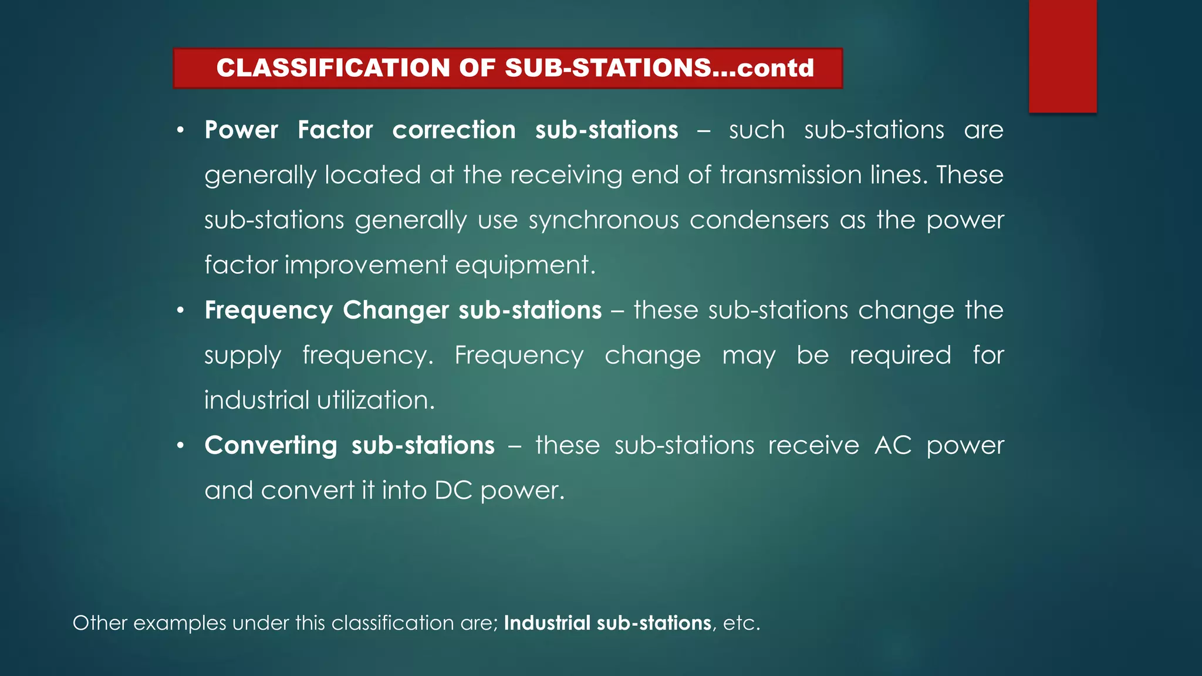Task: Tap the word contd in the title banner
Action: click(x=775, y=68)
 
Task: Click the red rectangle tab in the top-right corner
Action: click(x=1062, y=56)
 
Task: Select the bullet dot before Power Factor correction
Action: click(x=181, y=130)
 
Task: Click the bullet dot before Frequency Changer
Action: click(x=181, y=310)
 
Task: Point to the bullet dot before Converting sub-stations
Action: click(x=181, y=445)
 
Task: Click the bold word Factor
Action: click(x=335, y=130)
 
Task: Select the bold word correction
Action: click(x=454, y=130)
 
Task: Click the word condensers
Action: click(x=759, y=220)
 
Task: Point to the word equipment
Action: click(x=525, y=265)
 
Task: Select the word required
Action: click(x=900, y=356)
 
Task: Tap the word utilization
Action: click(x=376, y=400)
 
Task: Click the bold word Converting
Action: click(x=271, y=445)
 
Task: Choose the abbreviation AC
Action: click(x=893, y=445)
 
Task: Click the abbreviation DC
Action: click(x=453, y=491)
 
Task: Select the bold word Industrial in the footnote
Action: click(x=547, y=623)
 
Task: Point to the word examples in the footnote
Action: click(x=180, y=623)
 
